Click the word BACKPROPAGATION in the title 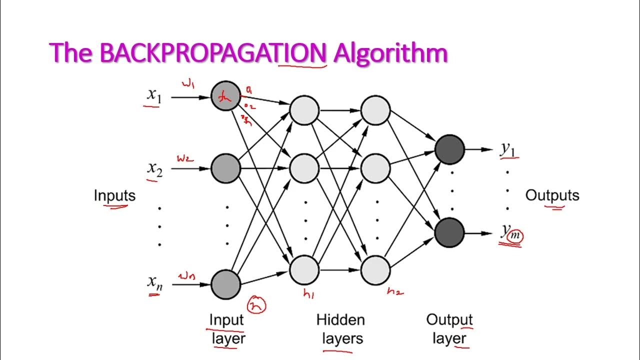point(213,53)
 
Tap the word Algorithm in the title point(390,53)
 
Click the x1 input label point(154,95)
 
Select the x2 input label point(154,168)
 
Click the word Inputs point(114,195)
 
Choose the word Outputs point(552,195)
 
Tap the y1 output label point(509,149)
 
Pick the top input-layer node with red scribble point(225,97)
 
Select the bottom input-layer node point(225,284)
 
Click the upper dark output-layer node point(449,149)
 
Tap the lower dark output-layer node point(449,232)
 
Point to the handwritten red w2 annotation point(184,158)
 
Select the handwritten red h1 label point(308,295)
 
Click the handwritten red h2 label point(394,291)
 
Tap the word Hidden point(340,320)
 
